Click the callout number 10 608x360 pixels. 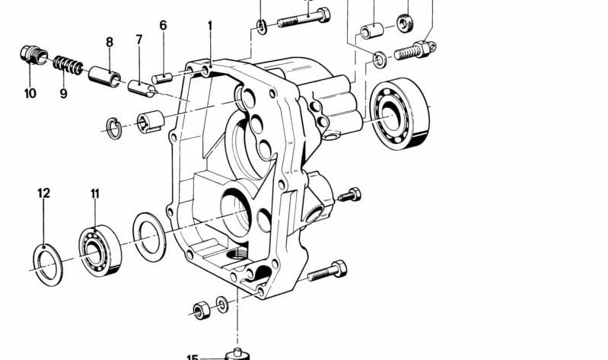tap(30, 94)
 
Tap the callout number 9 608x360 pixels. tap(64, 94)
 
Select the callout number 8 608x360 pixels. tap(110, 42)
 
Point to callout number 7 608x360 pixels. tap(138, 39)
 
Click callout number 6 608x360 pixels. tap(164, 25)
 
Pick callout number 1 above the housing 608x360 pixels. tap(210, 26)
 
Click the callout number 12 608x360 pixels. tap(44, 193)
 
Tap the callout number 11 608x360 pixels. tap(95, 193)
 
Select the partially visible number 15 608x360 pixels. tap(193, 357)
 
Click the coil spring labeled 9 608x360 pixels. tap(68, 65)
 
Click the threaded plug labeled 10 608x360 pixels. tap(33, 55)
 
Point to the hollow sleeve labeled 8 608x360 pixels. tap(104, 75)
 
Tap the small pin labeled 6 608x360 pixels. tap(161, 78)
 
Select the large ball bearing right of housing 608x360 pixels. tap(399, 113)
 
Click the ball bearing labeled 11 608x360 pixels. tap(100, 250)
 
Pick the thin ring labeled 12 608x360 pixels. tap(48, 266)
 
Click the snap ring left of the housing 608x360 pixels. tap(114, 127)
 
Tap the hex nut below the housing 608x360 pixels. tap(202, 310)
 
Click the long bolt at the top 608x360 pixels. tap(304, 18)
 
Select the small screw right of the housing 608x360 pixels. tap(349, 195)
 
